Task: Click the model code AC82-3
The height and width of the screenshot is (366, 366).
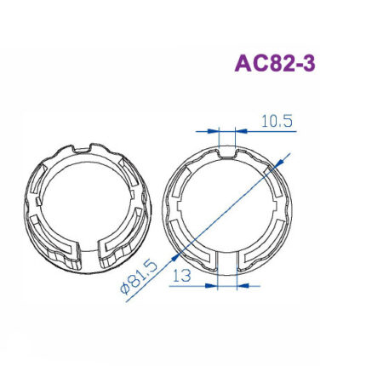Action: (275, 64)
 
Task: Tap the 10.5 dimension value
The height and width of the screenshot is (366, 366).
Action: (277, 121)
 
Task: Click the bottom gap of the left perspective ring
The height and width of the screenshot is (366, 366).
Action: (88, 255)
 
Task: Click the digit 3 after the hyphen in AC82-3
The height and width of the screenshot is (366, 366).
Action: (308, 64)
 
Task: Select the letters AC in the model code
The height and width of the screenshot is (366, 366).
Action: (250, 64)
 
